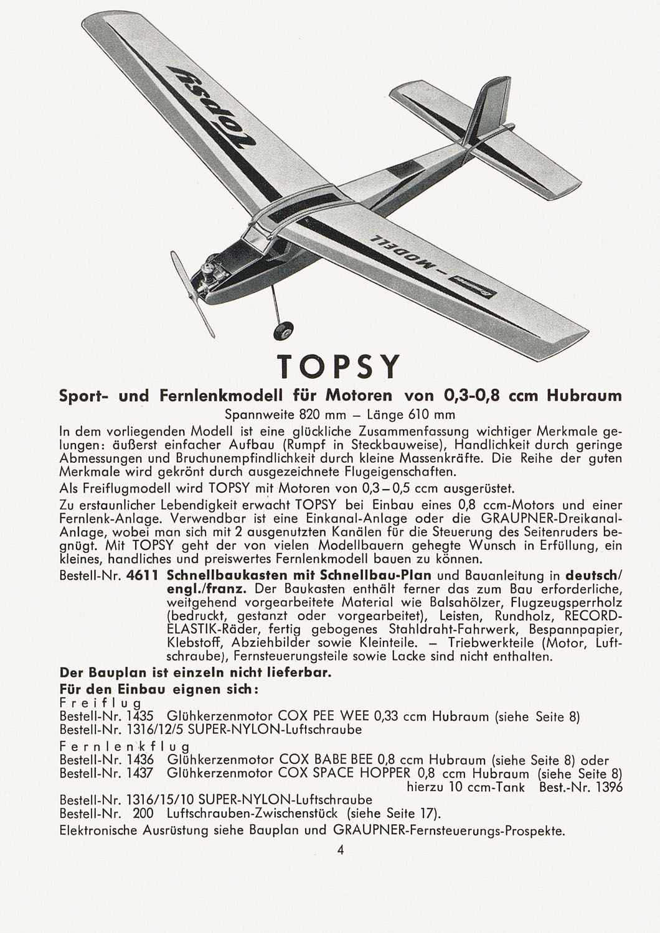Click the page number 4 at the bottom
coord(340,850)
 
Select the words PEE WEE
coord(342,717)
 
